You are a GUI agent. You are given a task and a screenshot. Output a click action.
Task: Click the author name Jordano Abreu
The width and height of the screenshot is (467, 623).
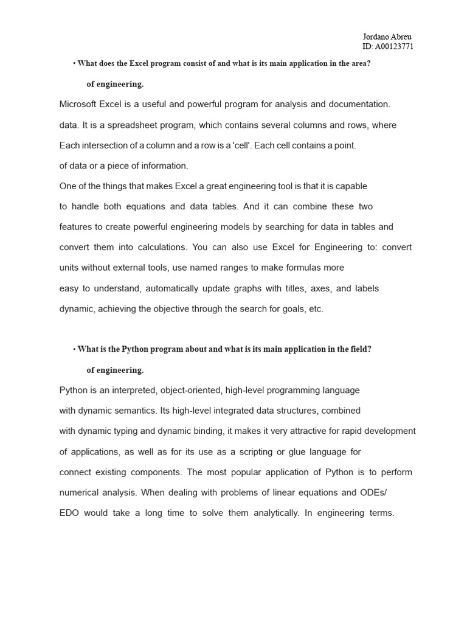point(387,37)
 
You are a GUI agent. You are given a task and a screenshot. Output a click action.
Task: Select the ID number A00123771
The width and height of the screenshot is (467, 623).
point(394,46)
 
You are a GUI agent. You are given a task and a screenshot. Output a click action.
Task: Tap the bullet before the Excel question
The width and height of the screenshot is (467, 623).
point(74,63)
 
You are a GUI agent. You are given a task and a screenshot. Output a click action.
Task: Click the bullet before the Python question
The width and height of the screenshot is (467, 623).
point(74,349)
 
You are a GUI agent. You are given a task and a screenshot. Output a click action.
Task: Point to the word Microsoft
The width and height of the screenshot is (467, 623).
point(78,104)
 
